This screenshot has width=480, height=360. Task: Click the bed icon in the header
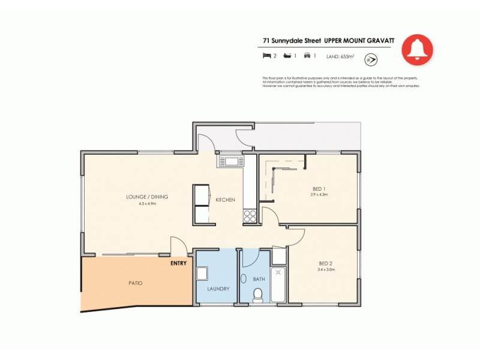[266, 56]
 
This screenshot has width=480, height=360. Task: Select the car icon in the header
[307, 56]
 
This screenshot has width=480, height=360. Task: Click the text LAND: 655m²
[340, 56]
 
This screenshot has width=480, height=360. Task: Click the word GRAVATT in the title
[379, 41]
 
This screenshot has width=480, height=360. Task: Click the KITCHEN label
[225, 200]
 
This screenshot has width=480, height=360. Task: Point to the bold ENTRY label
[179, 263]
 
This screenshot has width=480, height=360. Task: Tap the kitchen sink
[231, 161]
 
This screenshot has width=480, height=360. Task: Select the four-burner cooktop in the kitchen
[250, 217]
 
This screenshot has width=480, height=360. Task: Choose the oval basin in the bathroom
[244, 279]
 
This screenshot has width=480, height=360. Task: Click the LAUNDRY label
[218, 289]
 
